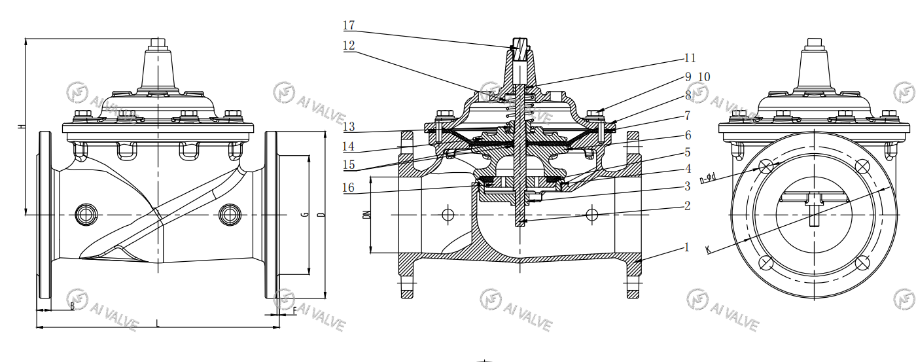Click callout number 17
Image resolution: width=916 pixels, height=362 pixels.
pyautogui.click(x=349, y=26)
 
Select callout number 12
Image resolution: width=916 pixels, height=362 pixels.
pyautogui.click(x=349, y=46)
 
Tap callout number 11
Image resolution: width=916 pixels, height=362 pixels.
pyautogui.click(x=690, y=58)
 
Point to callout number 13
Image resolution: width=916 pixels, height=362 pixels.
pyautogui.click(x=349, y=126)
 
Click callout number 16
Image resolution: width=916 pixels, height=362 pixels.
pyautogui.click(x=349, y=188)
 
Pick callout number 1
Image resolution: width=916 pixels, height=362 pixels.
pyautogui.click(x=687, y=247)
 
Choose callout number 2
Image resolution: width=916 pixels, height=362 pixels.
pyautogui.click(x=687, y=206)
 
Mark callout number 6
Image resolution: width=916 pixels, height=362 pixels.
pyautogui.click(x=688, y=135)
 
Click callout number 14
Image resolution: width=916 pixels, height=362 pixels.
pyautogui.click(x=349, y=146)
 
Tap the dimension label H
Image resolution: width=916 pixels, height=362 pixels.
pyautogui.click(x=21, y=127)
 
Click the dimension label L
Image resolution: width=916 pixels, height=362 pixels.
pyautogui.click(x=158, y=322)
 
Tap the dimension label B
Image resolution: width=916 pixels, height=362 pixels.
pyautogui.click(x=72, y=306)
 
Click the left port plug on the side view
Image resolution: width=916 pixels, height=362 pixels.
pyautogui.click(x=86, y=214)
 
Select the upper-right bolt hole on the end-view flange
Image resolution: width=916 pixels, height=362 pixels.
pyautogui.click(x=862, y=166)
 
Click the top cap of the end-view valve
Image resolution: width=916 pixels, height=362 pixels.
pyautogui.click(x=815, y=44)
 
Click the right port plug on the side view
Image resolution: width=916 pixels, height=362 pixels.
pyautogui.click(x=229, y=214)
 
